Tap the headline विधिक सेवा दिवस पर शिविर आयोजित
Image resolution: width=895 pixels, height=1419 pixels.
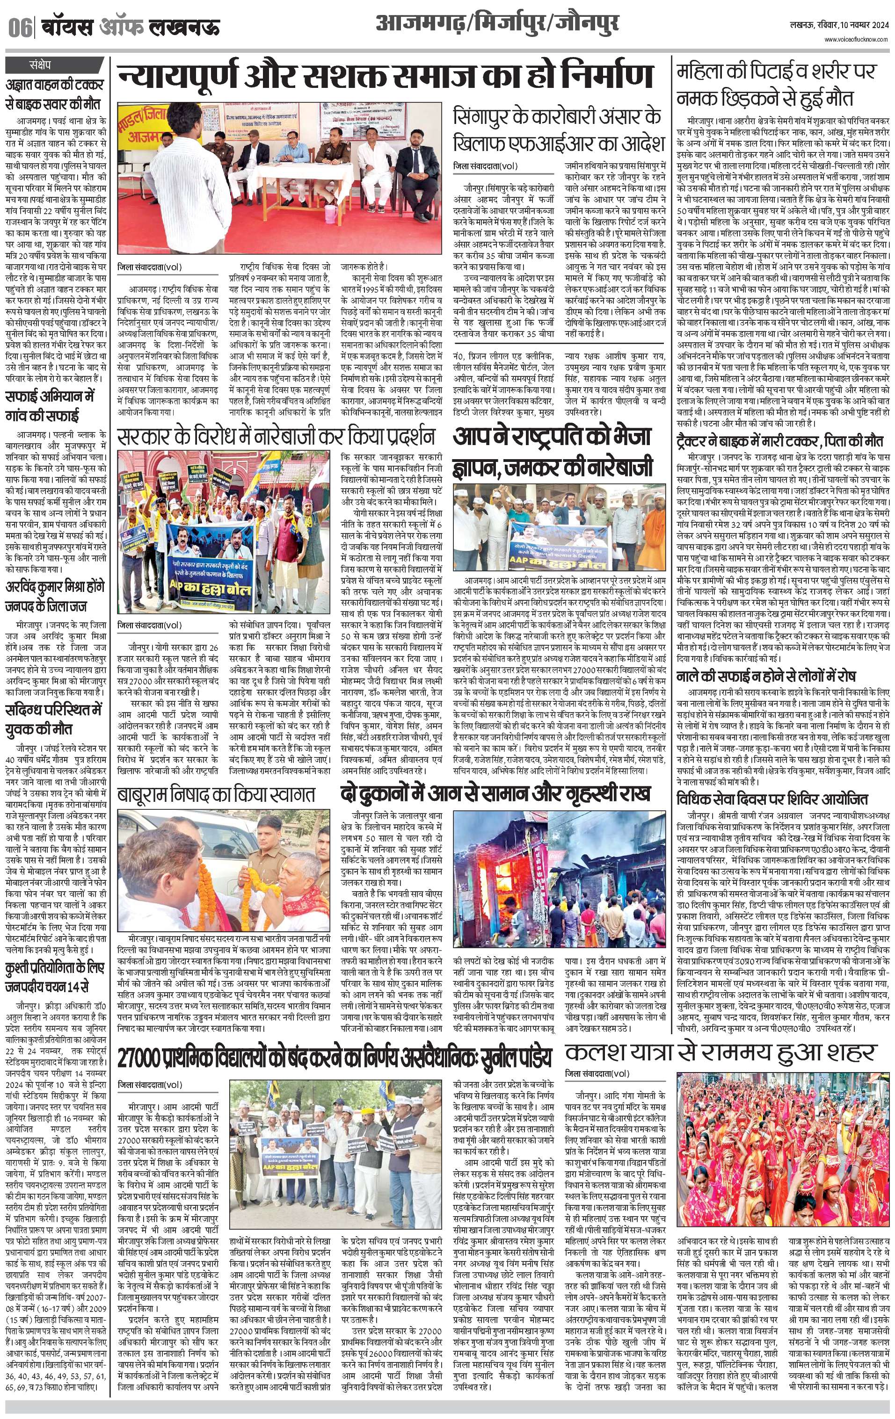(x=772, y=799)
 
